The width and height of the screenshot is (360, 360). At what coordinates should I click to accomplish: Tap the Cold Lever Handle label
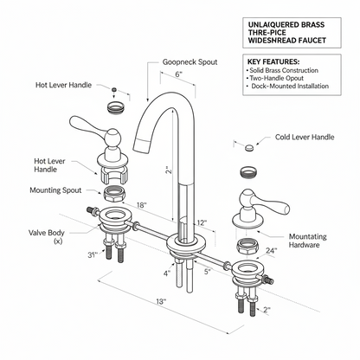[305, 137]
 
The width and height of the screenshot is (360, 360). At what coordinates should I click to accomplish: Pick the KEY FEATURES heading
[273, 62]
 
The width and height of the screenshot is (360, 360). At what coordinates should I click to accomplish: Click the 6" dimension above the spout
[177, 75]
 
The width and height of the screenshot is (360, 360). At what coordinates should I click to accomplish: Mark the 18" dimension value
[141, 205]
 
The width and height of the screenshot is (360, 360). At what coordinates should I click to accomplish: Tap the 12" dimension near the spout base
[202, 222]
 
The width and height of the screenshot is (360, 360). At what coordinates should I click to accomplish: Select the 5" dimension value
[208, 270]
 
